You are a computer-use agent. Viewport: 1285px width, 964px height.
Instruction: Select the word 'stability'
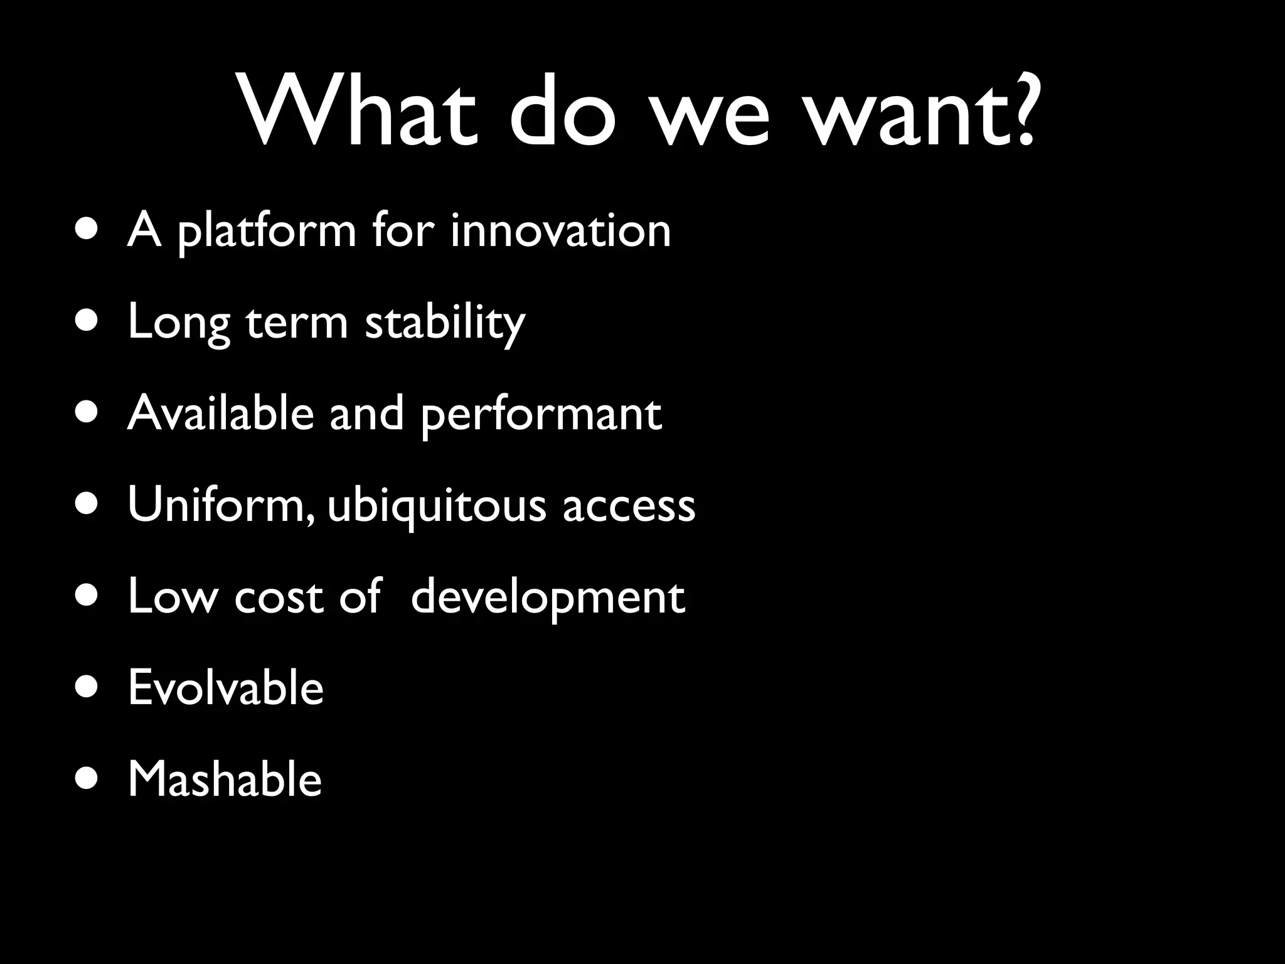(444, 324)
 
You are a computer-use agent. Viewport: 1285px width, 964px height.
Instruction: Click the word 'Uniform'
(216, 505)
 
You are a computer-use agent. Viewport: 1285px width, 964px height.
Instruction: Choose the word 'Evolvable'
(226, 688)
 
